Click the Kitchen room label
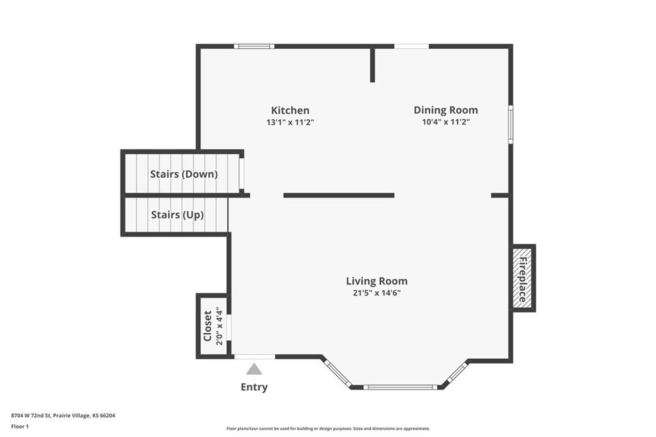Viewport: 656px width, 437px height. pos(290,110)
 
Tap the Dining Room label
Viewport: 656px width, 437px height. pos(445,110)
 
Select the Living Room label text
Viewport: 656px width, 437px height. pos(377,281)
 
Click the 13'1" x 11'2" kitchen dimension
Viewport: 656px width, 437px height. pos(290,122)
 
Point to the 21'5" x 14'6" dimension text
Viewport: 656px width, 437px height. pos(377,293)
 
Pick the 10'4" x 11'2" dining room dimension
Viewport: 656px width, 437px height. pos(446,122)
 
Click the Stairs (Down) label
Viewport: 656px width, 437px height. pos(184,174)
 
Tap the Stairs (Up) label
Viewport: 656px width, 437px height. pos(177,215)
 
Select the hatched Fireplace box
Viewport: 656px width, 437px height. pos(522,278)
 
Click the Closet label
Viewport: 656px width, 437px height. pos(208,326)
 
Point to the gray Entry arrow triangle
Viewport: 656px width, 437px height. pos(254,369)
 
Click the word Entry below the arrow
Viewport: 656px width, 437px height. pos(254,387)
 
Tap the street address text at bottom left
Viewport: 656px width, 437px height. pos(63,415)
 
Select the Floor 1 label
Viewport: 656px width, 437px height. pos(20,425)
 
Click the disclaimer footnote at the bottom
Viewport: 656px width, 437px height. pos(327,429)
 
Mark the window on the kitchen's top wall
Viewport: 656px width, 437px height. pos(254,46)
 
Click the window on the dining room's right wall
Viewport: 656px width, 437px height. pos(511,124)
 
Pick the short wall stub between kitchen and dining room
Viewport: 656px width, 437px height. pos(372,64)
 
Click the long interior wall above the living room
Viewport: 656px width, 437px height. pos(338,195)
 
